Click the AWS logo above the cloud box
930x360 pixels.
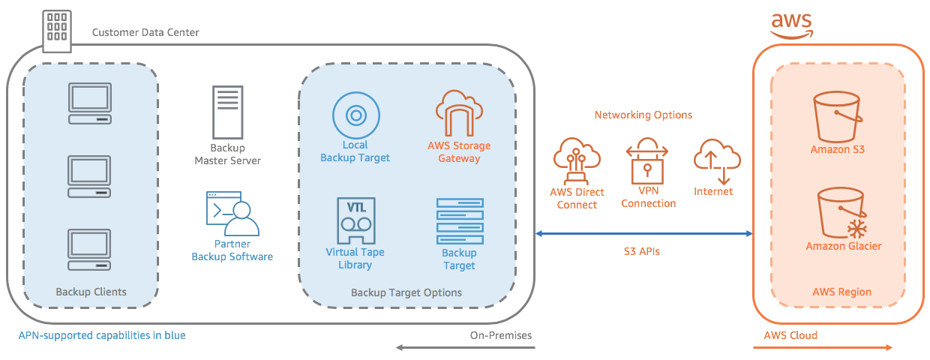792,24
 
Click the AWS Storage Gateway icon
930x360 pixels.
459,112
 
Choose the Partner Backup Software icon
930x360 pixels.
232,214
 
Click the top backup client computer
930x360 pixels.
90,104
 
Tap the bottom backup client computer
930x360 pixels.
90,249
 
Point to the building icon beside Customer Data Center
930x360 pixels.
58,31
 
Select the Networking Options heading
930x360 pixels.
643,115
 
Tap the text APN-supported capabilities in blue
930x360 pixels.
102,335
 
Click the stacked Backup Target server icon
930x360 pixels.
459,220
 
